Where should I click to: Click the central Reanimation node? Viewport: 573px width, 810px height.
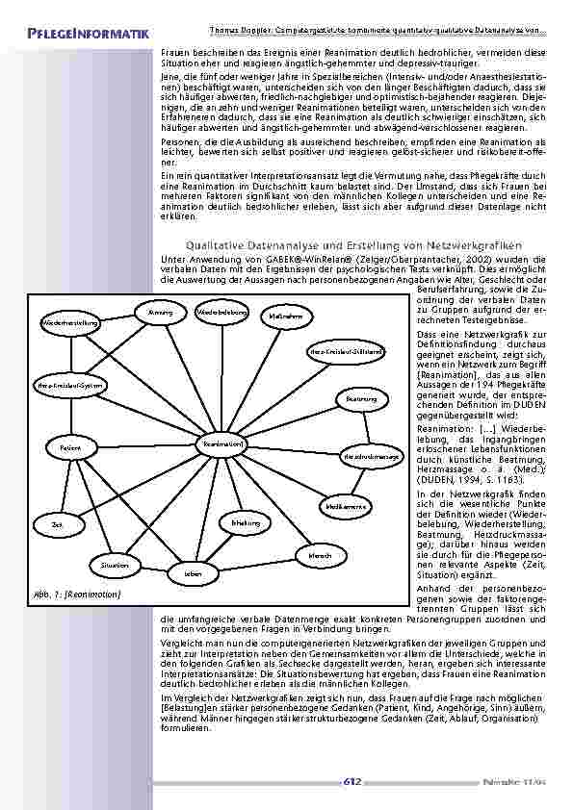[221, 443]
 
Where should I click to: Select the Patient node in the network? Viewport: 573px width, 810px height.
[70, 448]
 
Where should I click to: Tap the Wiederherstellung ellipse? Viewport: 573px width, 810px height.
[70, 322]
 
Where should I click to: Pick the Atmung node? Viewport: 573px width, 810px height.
[161, 313]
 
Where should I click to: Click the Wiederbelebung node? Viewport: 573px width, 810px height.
[221, 313]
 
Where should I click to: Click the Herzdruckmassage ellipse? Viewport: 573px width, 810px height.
[371, 456]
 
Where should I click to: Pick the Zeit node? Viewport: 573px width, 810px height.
[56, 524]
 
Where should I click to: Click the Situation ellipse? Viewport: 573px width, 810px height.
[115, 565]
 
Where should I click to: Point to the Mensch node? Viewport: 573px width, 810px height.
[320, 556]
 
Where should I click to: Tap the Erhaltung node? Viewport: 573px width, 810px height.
[247, 522]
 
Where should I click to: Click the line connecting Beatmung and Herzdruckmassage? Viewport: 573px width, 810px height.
[365, 427]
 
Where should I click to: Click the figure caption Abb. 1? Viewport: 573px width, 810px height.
[77, 595]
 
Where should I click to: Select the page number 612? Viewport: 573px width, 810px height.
[352, 781]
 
